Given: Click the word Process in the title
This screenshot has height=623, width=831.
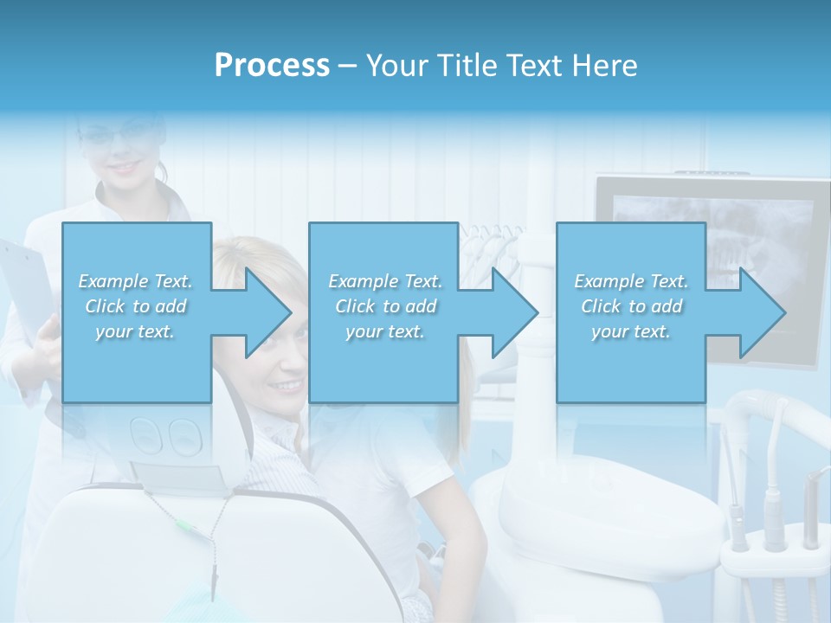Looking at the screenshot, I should click(x=272, y=66).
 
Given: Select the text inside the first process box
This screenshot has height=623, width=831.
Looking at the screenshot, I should click(x=135, y=306).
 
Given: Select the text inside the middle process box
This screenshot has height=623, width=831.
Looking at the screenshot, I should click(x=385, y=306).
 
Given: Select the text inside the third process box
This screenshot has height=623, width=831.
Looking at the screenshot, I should click(x=631, y=306).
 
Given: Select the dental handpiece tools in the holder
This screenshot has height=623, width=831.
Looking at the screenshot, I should click(x=770, y=511).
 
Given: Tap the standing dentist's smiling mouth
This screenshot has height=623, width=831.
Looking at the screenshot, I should click(x=128, y=166).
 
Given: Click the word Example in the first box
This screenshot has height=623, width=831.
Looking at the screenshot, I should click(x=113, y=281).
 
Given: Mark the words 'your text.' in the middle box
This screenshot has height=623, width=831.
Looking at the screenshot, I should click(x=385, y=331).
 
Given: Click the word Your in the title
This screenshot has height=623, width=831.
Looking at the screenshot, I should click(x=396, y=66).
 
